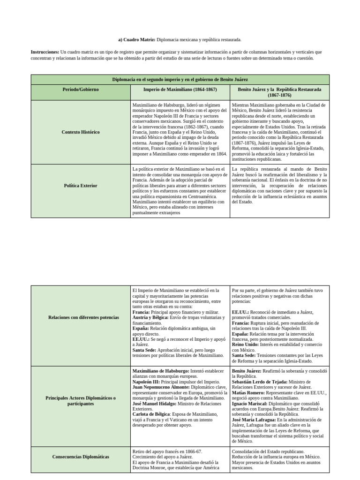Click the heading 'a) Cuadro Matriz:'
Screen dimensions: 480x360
click(x=136, y=40)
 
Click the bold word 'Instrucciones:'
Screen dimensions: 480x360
click(x=45, y=52)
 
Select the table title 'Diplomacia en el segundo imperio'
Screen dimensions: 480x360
click(x=180, y=80)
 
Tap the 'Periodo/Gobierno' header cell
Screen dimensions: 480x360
click(x=81, y=89)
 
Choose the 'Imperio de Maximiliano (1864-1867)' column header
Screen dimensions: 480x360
click(x=180, y=89)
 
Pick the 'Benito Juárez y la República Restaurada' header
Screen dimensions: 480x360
click(x=279, y=92)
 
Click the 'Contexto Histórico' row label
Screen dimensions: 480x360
click(x=81, y=132)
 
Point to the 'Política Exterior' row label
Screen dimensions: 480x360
click(x=81, y=186)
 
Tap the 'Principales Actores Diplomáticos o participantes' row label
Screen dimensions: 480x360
click(x=81, y=401)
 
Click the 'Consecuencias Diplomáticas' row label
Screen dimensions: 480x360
click(x=81, y=457)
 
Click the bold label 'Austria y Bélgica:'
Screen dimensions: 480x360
click(x=150, y=318)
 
